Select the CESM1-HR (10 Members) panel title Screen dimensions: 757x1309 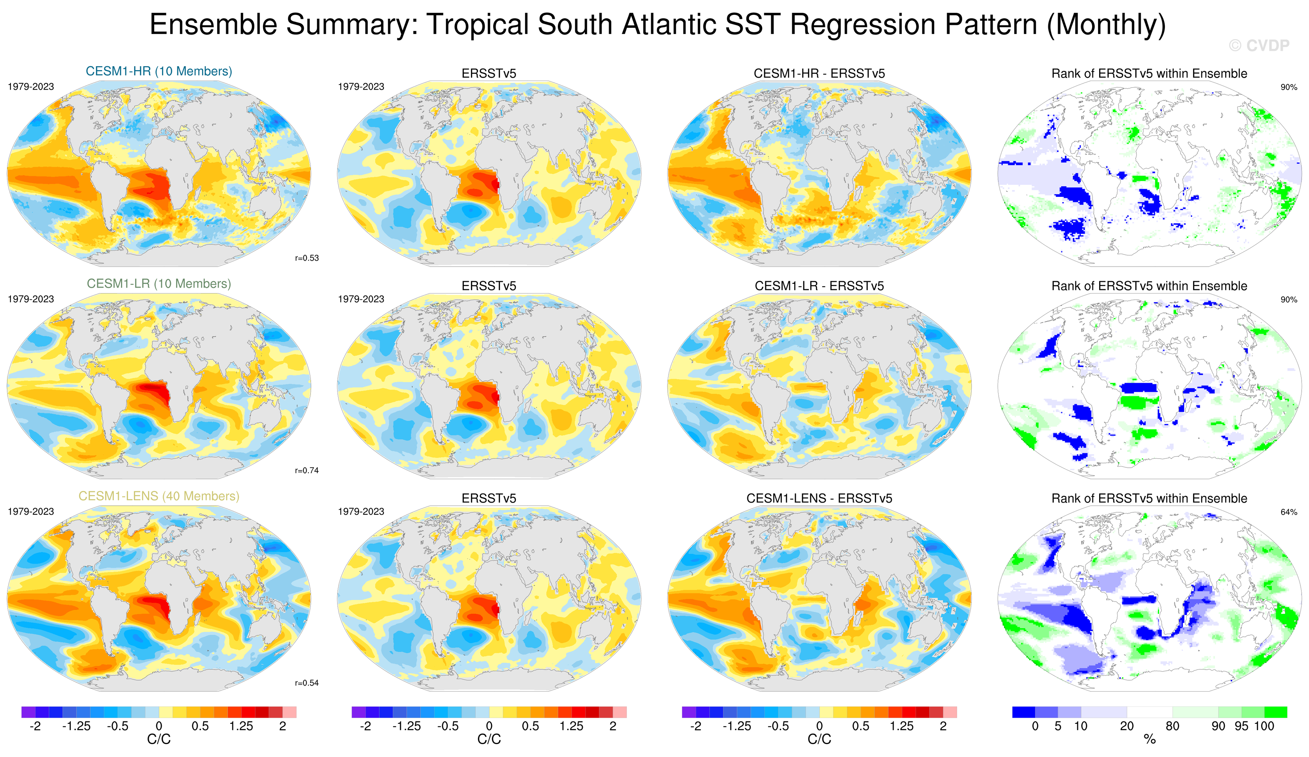pos(159,71)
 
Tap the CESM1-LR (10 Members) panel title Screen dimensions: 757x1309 pos(159,284)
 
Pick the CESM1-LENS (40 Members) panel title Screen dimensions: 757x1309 pos(159,496)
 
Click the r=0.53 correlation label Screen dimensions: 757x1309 pos(307,258)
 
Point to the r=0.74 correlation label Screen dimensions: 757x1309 pos(307,471)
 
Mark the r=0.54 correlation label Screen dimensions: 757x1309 pos(307,683)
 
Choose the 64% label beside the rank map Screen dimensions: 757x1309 pos(1289,512)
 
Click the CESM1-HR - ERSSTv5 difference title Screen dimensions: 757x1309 pos(819,74)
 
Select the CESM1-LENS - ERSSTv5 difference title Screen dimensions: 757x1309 pos(819,499)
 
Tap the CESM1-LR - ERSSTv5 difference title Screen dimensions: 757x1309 pos(819,286)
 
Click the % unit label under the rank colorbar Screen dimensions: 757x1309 pos(1150,739)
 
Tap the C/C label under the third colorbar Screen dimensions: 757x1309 pos(819,739)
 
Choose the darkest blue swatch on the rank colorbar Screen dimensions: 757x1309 pos(1023,712)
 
